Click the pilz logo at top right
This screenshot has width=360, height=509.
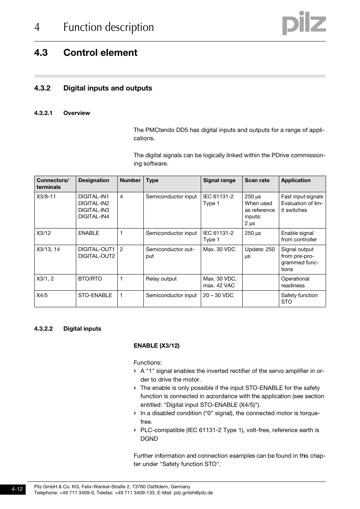tap(304, 23)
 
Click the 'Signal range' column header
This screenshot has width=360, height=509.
tap(219, 181)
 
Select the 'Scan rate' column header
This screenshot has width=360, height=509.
tap(257, 181)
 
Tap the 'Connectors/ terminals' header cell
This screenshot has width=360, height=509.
tap(53, 184)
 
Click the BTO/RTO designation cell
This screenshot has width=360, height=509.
tap(90, 279)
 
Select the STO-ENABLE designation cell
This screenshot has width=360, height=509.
tap(95, 296)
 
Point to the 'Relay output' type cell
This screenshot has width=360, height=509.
tap(161, 279)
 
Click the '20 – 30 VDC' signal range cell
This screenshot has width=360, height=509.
tap(218, 296)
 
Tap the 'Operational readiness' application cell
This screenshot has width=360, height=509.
tap(295, 282)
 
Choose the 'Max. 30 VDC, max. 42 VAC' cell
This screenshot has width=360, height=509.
tap(220, 282)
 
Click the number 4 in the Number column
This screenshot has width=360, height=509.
tap(122, 197)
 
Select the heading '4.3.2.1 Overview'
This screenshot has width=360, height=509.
tap(62, 113)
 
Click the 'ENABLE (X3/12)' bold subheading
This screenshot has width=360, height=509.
tap(157, 346)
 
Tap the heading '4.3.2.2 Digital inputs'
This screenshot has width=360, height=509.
tap(68, 329)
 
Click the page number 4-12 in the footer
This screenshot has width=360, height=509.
tap(17, 489)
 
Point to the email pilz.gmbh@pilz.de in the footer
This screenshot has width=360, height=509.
tap(193, 493)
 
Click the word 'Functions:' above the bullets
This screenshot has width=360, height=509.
tap(148, 363)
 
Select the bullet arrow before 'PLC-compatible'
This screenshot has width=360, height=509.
tap(135, 430)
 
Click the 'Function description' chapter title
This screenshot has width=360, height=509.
tap(108, 28)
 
